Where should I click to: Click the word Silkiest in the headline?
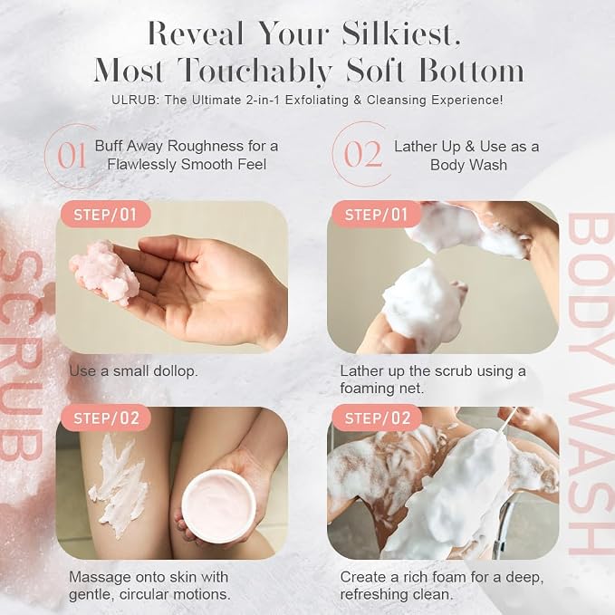coord(401,34)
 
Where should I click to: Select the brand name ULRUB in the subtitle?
coord(136,100)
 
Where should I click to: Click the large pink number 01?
coord(72,155)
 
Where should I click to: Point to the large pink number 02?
coord(362,154)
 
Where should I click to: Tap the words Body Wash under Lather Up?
coord(468,165)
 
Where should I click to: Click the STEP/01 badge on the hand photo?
coord(105,215)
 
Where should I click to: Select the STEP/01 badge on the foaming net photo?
coord(377,215)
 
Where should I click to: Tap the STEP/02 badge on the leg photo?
coord(106,418)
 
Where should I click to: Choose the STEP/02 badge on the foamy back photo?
coord(378,418)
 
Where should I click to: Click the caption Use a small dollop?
coord(133,371)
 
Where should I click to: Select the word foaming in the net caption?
coord(366,389)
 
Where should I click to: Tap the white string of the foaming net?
coord(509,421)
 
